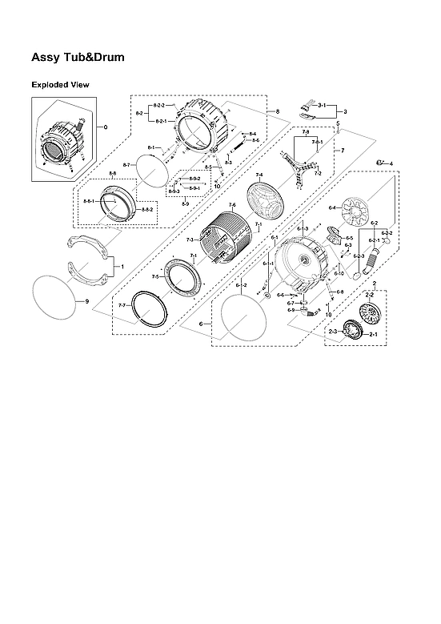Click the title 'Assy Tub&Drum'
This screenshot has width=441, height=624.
pyautogui.click(x=78, y=58)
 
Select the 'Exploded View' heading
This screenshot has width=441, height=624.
pyautogui.click(x=60, y=84)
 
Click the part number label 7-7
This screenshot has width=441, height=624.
pyautogui.click(x=122, y=306)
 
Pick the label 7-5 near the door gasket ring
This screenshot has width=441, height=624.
pyautogui.click(x=155, y=276)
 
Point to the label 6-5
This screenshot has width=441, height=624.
pyautogui.click(x=349, y=238)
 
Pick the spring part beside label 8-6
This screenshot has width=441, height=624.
pyautogui.click(x=239, y=146)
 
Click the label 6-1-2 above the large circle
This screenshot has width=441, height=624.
pyautogui.click(x=241, y=285)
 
